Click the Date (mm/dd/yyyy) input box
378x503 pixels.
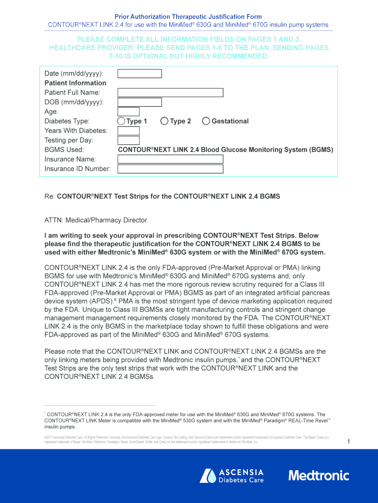click(139, 74)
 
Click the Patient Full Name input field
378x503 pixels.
click(170, 92)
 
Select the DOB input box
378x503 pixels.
click(139, 102)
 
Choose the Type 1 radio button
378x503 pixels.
click(121, 121)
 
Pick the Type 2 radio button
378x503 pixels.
click(164, 121)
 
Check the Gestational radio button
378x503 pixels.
click(206, 121)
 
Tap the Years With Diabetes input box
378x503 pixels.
click(128, 131)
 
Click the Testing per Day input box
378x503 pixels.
click(128, 140)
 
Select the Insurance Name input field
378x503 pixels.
click(170, 159)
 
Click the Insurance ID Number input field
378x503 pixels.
click(170, 169)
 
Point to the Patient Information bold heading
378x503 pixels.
click(75, 83)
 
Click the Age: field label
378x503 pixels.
click(52, 112)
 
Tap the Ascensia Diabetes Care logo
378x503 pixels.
click(232, 475)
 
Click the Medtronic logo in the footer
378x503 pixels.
click(319, 475)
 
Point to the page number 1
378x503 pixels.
click(348, 442)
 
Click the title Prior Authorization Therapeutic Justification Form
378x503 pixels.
click(188, 17)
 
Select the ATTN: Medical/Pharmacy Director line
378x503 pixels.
click(96, 220)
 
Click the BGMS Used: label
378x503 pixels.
click(64, 150)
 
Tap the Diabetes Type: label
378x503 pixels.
click(67, 121)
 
